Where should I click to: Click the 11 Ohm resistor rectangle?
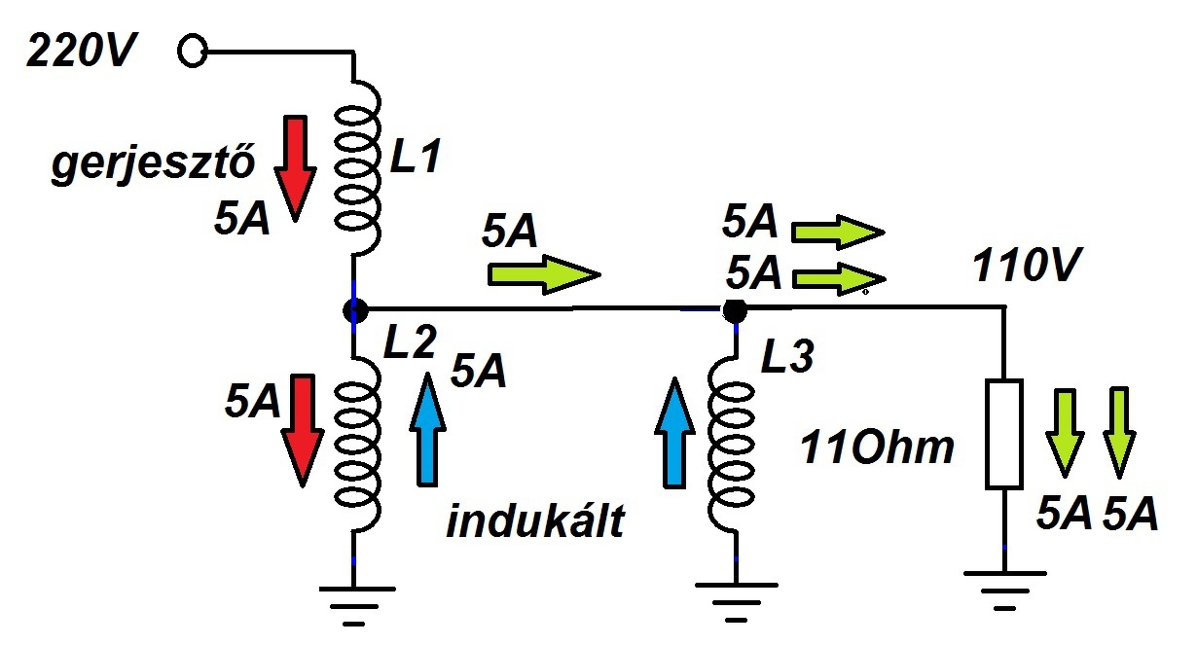point(1004,434)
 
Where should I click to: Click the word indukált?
point(534,523)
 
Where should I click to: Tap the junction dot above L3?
point(735,310)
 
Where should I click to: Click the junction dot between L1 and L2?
point(355,310)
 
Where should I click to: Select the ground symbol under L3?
point(736,599)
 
